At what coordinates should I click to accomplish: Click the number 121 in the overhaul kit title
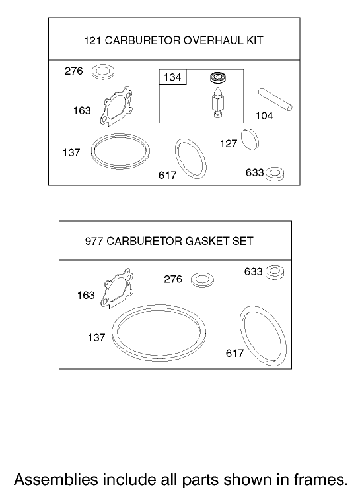pos(92,40)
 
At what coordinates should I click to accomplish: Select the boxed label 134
pos(172,78)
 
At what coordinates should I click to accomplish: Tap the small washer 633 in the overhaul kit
pos(275,174)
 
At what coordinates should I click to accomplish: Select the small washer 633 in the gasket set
pos(275,271)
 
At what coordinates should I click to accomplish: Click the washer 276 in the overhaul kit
pos(102,71)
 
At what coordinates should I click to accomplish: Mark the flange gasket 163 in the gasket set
pos(116,288)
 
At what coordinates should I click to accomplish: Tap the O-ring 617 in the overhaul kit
pos(190,159)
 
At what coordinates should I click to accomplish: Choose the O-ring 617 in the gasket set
pos(264,335)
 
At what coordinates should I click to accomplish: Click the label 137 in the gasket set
pos(96,337)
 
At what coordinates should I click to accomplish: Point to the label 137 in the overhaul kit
pos(71,153)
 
